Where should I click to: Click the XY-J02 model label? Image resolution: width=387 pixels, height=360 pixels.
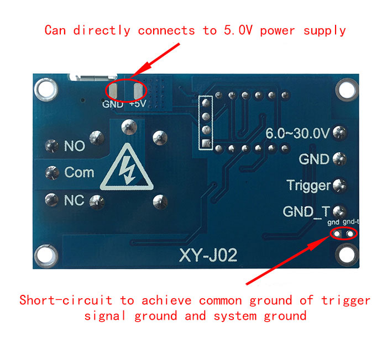pos(208,256)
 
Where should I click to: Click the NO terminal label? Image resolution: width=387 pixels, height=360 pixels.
pos(75,146)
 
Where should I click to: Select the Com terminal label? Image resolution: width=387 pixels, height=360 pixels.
pos(79,172)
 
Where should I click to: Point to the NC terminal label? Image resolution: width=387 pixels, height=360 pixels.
pos(74,200)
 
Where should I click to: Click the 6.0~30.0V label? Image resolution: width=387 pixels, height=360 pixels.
pos(297,133)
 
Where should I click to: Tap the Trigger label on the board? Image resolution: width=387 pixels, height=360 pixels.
pos(308,186)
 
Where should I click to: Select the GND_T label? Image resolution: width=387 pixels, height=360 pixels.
pos(306,211)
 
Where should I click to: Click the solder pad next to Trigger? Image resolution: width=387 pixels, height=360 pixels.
pos(339,185)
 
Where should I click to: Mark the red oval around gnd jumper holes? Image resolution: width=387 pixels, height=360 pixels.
pos(343,233)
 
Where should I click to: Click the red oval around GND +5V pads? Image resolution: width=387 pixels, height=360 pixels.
pos(126,89)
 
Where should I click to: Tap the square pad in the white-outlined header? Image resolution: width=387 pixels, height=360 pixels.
pos(207,144)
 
